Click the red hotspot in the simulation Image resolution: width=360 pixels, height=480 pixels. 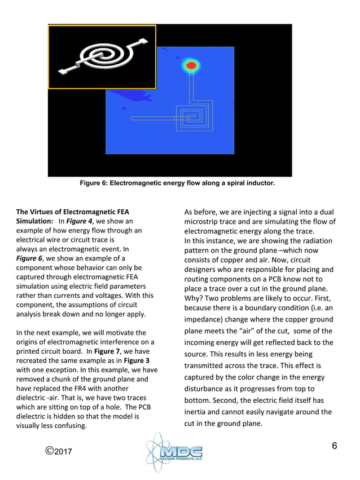point(191,66)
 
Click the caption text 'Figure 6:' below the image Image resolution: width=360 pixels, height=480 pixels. point(94,184)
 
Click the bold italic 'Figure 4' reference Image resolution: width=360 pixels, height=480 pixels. point(74,222)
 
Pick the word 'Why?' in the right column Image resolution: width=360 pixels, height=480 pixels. point(195,298)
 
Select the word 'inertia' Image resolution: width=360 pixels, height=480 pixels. point(197,412)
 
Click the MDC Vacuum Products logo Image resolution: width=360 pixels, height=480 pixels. point(174,453)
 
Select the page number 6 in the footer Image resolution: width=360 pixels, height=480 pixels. point(334,446)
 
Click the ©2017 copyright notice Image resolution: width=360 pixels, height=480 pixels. point(62,452)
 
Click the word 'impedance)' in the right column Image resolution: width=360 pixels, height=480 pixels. point(208,319)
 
